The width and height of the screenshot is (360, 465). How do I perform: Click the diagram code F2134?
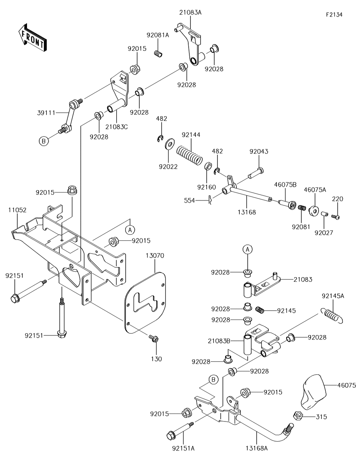pyautogui.click(x=334, y=14)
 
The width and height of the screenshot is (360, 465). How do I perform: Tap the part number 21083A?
pyautogui.click(x=190, y=13)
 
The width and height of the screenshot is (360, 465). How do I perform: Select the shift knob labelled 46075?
pyautogui.click(x=314, y=392)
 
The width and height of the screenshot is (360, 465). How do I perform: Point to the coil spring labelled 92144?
pyautogui.click(x=189, y=155)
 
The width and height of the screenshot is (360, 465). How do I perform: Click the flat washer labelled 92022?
pyautogui.click(x=170, y=144)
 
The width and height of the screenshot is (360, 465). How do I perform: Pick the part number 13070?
pyautogui.click(x=155, y=256)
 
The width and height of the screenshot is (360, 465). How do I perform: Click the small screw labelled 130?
pyautogui.click(x=154, y=339)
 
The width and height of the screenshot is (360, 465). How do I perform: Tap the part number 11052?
pyautogui.click(x=17, y=210)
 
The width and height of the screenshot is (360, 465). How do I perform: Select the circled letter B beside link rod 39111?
pyautogui.click(x=44, y=141)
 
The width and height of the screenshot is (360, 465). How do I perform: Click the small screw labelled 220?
pyautogui.click(x=336, y=217)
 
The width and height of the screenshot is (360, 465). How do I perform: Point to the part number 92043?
pyautogui.click(x=258, y=152)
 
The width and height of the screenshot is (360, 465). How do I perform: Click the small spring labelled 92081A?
pyautogui.click(x=158, y=54)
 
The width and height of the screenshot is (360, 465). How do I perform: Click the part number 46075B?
pyautogui.click(x=285, y=185)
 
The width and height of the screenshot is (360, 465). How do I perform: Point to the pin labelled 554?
pyautogui.click(x=210, y=200)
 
